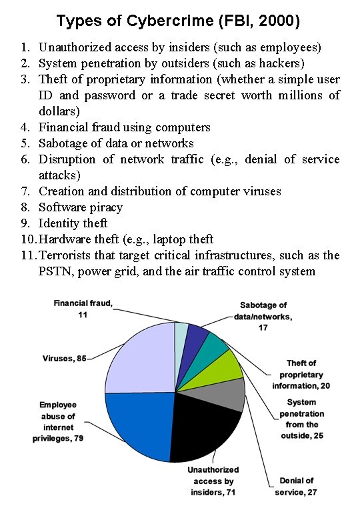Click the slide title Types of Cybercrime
tap(179, 21)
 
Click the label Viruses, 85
tap(63, 359)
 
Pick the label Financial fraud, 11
tap(83, 309)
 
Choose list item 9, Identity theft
tap(73, 223)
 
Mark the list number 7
tap(24, 191)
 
